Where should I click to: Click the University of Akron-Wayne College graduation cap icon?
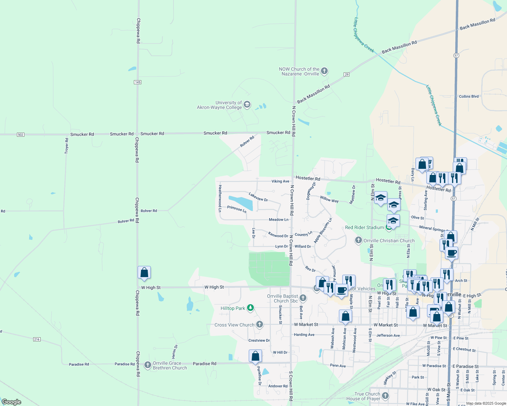(247, 105)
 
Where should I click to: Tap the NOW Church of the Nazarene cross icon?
(324, 71)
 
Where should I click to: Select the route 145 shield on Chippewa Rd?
(138, 82)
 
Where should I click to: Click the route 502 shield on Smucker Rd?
(21, 135)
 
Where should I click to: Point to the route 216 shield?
(37, 339)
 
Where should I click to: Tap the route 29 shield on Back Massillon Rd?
(346, 74)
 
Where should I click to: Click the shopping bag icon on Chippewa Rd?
(144, 272)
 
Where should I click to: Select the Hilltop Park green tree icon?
(250, 308)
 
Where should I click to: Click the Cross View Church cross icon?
(260, 324)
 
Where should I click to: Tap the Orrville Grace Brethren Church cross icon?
(147, 365)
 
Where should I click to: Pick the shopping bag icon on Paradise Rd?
(255, 356)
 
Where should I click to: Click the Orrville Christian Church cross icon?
(359, 241)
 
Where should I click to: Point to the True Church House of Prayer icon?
(385, 396)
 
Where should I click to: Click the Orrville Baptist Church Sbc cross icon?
(303, 298)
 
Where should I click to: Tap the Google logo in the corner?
(12, 402)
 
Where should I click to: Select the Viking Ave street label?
(280, 181)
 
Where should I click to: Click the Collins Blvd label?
(469, 96)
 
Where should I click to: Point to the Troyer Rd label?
(67, 146)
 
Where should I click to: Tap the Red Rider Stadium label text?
(364, 227)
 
